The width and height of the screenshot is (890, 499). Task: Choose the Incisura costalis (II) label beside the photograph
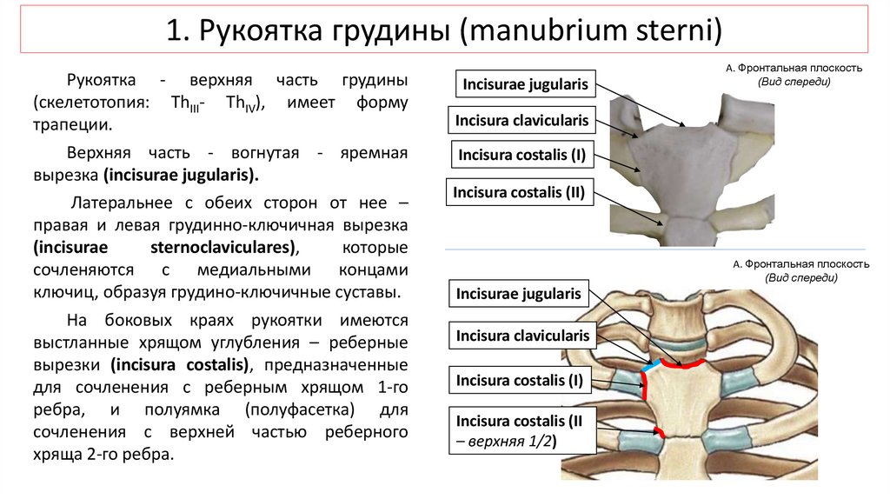click(x=521, y=192)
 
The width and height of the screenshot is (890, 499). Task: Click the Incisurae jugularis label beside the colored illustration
click(x=518, y=294)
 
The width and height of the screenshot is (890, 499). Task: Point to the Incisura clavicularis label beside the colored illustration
click(x=522, y=336)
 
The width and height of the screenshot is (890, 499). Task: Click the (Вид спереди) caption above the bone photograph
click(x=794, y=82)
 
